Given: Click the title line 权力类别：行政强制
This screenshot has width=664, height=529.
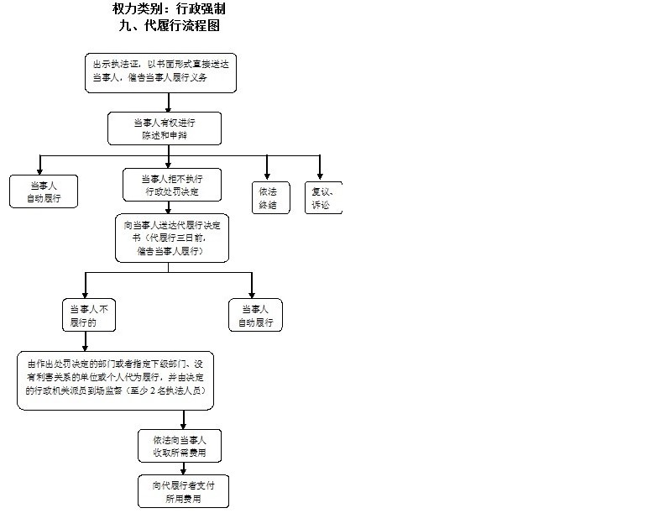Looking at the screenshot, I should tap(169, 9).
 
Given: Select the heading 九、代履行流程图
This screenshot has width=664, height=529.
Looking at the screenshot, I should tap(169, 25).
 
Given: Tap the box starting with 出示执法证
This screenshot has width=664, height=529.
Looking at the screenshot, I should tap(160, 72).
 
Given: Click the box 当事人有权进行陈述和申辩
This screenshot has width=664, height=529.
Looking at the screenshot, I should tap(165, 129).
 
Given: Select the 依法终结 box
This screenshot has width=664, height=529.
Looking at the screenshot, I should tap(271, 197).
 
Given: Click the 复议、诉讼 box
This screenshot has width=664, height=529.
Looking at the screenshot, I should tap(322, 197).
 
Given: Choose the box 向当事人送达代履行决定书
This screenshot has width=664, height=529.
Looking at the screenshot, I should tap(172, 238).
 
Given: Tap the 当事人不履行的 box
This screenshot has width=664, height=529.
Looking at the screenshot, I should tap(89, 315).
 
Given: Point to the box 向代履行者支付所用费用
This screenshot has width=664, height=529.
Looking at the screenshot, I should tap(184, 491).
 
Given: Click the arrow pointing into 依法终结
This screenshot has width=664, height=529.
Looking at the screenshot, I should tap(267, 168).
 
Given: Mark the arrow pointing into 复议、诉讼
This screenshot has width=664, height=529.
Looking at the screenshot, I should tap(319, 168).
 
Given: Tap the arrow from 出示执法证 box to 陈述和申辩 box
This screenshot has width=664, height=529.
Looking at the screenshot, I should tap(170, 102).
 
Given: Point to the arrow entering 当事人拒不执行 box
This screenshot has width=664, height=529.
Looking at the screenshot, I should tap(169, 158).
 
